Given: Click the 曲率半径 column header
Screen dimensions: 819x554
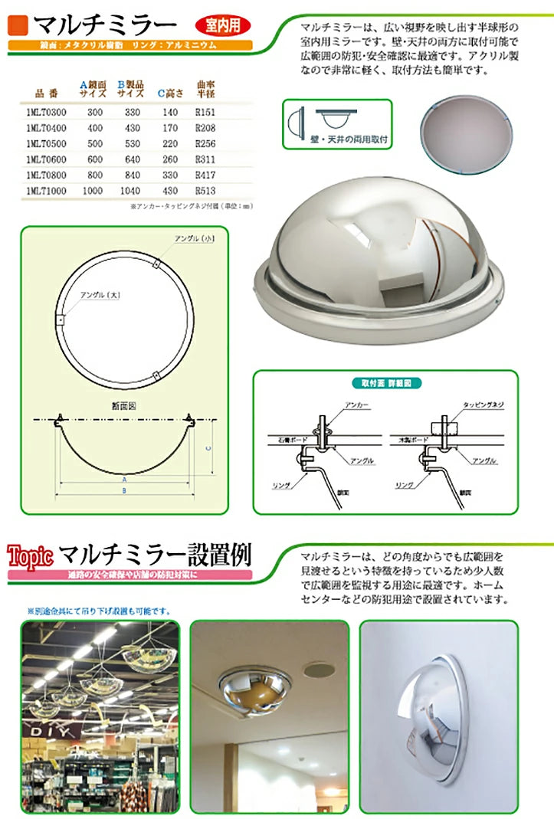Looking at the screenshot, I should coord(205,88).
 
